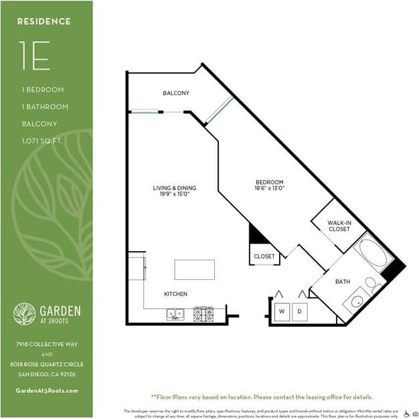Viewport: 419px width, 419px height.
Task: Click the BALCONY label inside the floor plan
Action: pos(176,93)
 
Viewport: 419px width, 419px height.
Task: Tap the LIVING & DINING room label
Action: pos(175,191)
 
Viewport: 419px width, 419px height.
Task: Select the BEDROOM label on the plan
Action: pos(270,185)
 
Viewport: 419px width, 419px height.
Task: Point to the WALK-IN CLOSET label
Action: pos(339,226)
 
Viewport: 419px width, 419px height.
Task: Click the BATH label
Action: pos(324,281)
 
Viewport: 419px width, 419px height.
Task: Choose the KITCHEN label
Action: pos(175,294)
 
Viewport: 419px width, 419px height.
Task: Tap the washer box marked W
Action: pos(281,311)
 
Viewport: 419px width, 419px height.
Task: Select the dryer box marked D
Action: pos(300,311)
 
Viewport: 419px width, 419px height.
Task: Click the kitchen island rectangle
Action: pos(194,269)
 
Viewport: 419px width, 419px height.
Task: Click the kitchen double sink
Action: pos(176,313)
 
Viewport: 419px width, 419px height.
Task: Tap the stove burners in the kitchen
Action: pos(203,313)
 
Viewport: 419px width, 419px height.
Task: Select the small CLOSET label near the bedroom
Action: pos(264,256)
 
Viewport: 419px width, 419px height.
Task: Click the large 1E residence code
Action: pos(34,58)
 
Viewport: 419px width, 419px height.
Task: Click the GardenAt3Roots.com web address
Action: pos(46,390)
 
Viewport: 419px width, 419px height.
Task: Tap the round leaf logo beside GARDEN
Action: pos(24,313)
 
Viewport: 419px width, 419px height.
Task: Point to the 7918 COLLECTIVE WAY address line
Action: pos(47,344)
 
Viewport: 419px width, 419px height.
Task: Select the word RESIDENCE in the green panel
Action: pos(44,21)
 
